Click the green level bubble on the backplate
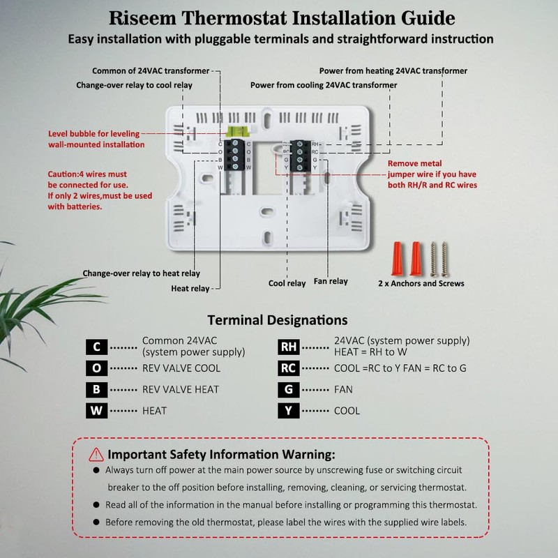238,130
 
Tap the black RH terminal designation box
288,347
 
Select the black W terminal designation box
96,410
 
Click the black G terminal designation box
288,389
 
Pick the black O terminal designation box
96,368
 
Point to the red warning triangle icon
96,455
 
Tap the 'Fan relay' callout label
331,282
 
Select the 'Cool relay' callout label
287,283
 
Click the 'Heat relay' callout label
190,288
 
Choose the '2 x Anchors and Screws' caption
421,284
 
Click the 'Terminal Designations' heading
278,321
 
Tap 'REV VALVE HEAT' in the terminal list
181,389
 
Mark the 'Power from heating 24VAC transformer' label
393,71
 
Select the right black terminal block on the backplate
300,155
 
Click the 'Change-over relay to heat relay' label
141,273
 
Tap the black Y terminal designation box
288,410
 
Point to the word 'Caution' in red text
64,174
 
